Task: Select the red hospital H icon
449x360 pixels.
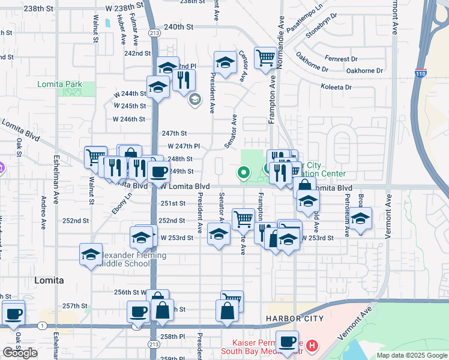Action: point(312,346)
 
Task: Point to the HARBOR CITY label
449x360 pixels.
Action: point(291,319)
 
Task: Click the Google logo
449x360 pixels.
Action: point(20,353)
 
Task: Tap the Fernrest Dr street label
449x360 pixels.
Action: point(340,59)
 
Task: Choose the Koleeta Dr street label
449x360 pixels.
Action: point(336,88)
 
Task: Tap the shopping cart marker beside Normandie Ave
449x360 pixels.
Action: point(265,58)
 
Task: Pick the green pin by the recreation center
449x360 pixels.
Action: point(244,173)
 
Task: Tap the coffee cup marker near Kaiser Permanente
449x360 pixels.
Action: point(287,341)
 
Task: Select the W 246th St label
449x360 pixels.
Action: point(130,119)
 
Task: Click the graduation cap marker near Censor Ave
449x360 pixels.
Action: point(225,63)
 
